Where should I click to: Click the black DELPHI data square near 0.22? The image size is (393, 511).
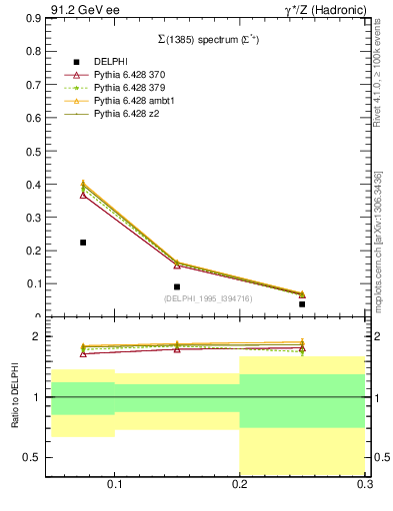click(83, 243)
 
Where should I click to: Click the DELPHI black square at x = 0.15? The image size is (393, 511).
click(177, 287)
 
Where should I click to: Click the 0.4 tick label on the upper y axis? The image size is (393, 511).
click(36, 185)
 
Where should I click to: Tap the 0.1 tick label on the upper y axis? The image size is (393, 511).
click(36, 283)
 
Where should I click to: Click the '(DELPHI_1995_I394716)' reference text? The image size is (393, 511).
click(207, 298)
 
